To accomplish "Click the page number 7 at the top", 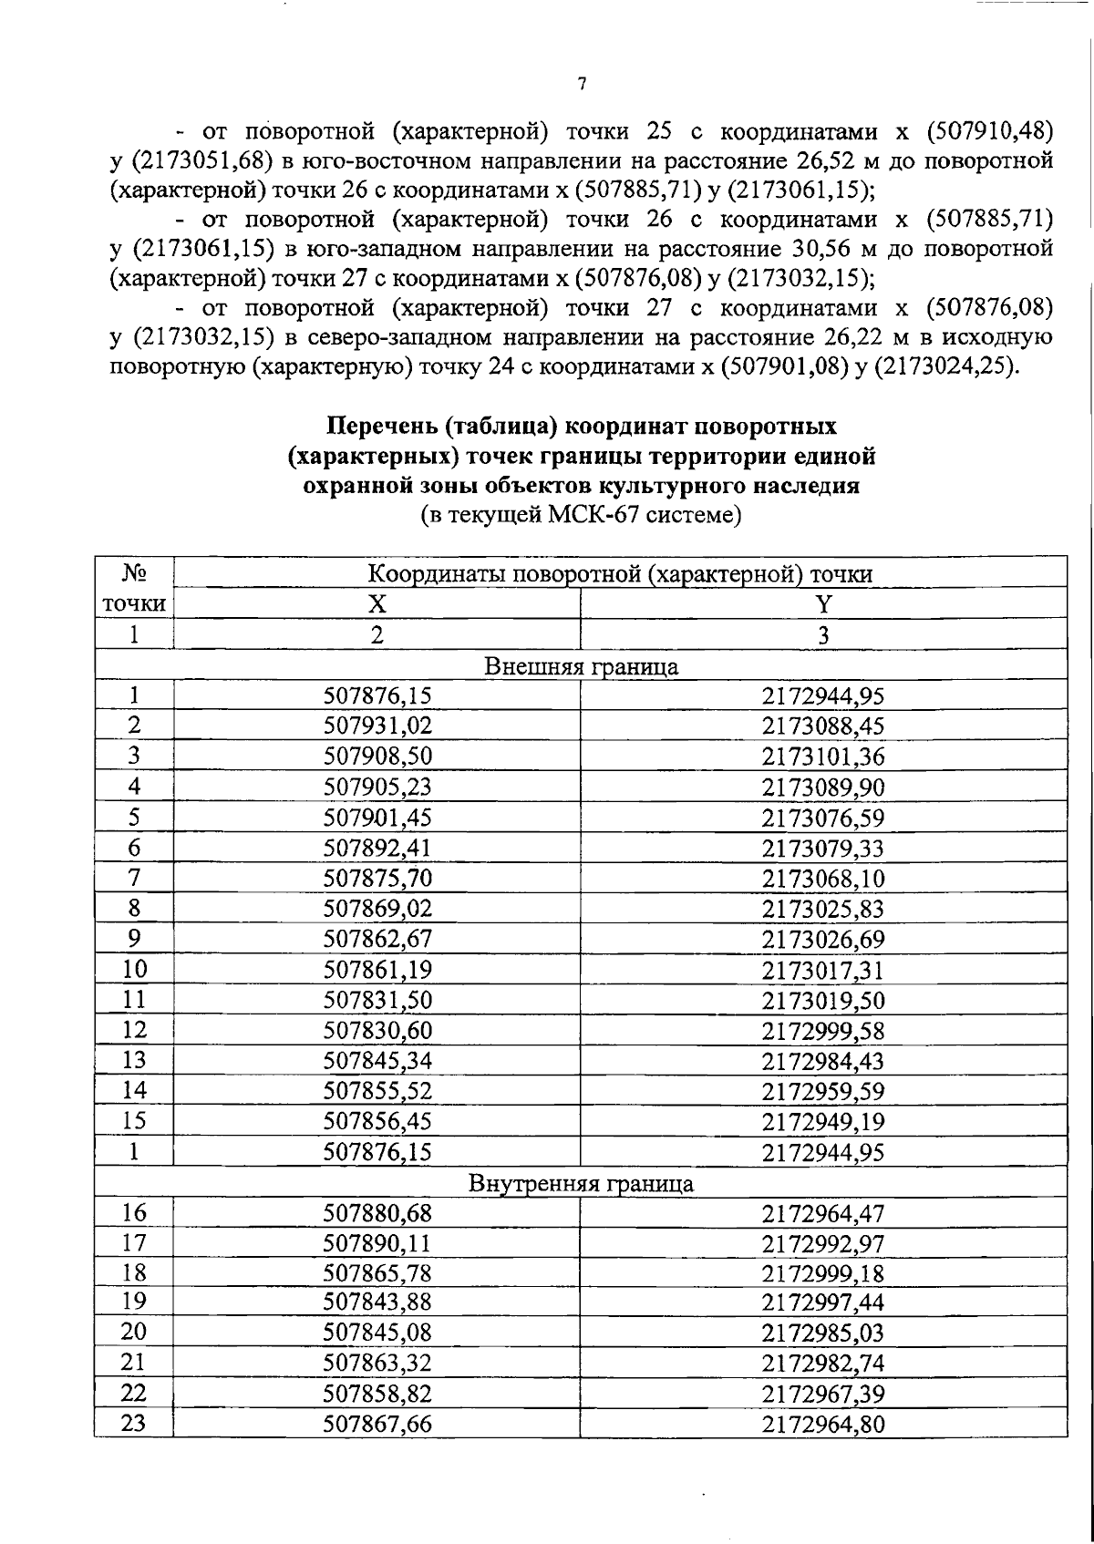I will tap(583, 85).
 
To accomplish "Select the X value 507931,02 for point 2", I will tap(377, 726).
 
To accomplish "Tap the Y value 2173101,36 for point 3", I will tap(823, 757).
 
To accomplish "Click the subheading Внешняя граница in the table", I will tap(581, 665).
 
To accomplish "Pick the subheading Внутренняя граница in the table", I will tap(581, 1183).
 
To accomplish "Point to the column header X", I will tap(377, 603).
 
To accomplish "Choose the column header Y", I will tap(823, 603).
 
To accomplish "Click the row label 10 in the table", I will tap(134, 969).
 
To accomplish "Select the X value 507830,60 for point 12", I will tap(377, 1030).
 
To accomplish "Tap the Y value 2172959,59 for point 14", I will tap(823, 1091).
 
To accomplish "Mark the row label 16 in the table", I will tap(134, 1212).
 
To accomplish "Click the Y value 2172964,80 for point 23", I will tap(823, 1424).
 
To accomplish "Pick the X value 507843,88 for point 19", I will tap(377, 1302).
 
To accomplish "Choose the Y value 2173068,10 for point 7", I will tap(823, 879).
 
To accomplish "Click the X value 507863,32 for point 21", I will tap(377, 1363).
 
